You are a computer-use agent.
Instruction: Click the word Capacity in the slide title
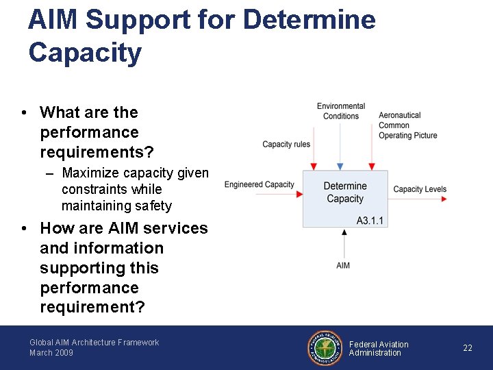coord(85,53)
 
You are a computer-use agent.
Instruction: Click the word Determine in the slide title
coord(309,19)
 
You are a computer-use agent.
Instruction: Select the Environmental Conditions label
coord(341,111)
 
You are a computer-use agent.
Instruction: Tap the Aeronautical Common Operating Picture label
coord(407,125)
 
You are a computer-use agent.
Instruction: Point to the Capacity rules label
coord(286,145)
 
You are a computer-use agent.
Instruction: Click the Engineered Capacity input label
coord(259,185)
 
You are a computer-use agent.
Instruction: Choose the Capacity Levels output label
coord(420,189)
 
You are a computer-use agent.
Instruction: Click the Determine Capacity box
coord(345,193)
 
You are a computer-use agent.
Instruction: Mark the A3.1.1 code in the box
coord(370,221)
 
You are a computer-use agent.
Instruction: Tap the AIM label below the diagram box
coord(343,265)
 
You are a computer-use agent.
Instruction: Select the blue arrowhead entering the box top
coord(341,166)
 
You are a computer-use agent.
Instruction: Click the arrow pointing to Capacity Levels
coord(442,199)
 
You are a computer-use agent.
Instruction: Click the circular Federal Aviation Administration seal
coord(325,348)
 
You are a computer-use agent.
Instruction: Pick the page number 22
coord(468,348)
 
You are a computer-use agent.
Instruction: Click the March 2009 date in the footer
coord(51,353)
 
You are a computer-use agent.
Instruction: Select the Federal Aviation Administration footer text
coord(379,349)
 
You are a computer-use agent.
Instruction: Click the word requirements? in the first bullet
coord(97,151)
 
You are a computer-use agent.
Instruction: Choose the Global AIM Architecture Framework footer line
coord(94,343)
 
